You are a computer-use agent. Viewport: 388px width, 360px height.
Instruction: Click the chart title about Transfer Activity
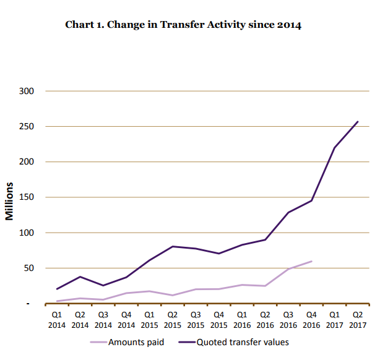tap(183, 25)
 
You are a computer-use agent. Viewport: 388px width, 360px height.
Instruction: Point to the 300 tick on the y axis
tap(30, 91)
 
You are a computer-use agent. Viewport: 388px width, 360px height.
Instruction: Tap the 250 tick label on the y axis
tap(30, 127)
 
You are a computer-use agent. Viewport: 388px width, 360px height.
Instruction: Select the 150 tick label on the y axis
tap(30, 197)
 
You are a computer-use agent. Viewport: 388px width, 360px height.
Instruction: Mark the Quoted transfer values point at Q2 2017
tap(358, 121)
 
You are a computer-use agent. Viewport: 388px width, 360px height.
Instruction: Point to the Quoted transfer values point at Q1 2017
tap(335, 147)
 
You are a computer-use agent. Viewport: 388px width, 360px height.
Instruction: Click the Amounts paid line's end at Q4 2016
tap(311, 261)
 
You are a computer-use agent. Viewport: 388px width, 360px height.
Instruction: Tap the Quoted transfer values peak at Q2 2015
tap(173, 246)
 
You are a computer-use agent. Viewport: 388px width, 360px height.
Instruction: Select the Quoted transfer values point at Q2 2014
tap(80, 276)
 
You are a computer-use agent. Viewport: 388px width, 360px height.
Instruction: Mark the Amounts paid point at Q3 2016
tap(288, 269)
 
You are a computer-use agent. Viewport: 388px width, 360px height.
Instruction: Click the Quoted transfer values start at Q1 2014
tap(57, 289)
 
